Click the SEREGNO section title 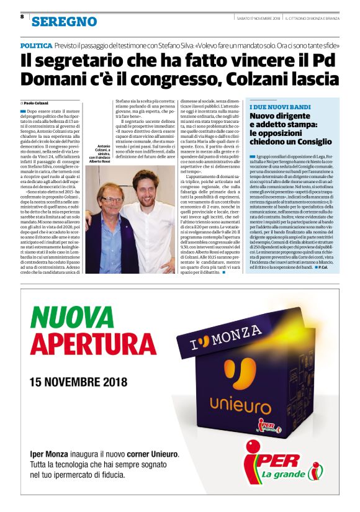pos(64,22)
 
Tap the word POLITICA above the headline pos(36,46)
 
